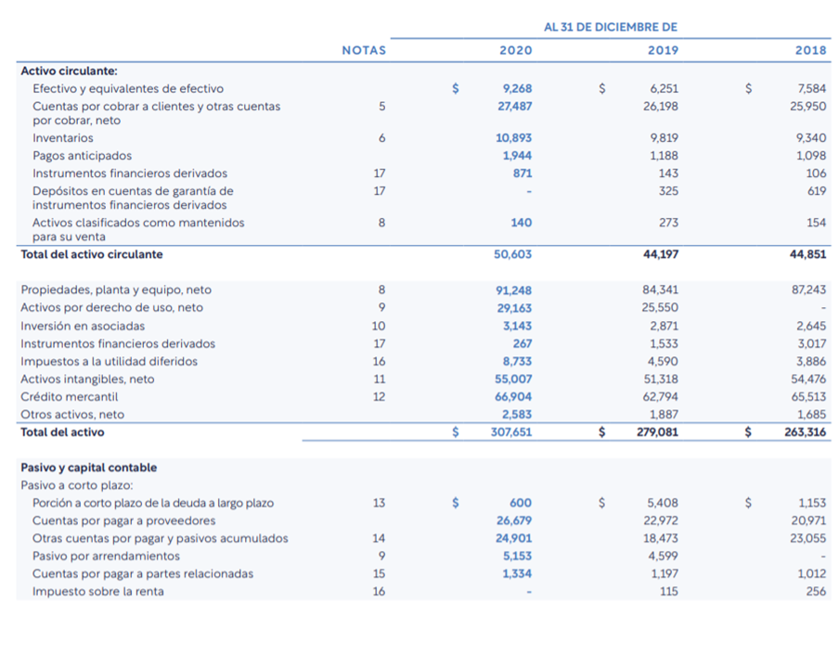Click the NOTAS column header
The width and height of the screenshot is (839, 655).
364,50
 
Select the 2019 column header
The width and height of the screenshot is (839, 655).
663,50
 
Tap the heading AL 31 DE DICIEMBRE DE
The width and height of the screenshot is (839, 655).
611,27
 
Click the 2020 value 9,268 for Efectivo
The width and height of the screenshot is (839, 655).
518,88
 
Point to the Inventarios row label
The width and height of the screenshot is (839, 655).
62,138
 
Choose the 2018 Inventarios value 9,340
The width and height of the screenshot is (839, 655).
810,138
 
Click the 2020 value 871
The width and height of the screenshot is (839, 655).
523,173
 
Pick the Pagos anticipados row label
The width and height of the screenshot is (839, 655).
82,156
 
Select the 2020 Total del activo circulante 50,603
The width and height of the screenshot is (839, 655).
512,254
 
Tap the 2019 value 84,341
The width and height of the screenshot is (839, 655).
660,289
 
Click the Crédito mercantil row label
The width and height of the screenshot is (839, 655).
69,397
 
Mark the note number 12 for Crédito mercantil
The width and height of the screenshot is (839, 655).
379,397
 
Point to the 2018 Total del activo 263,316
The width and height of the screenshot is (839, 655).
806,432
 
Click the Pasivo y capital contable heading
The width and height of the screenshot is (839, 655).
89,468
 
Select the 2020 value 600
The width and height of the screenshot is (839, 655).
521,503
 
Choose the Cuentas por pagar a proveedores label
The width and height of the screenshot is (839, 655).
123,520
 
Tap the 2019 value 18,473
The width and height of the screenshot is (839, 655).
660,538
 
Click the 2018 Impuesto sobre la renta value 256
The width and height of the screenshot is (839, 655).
816,591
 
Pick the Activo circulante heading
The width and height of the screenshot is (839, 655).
69,71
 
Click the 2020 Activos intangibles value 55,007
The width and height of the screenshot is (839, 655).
513,379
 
